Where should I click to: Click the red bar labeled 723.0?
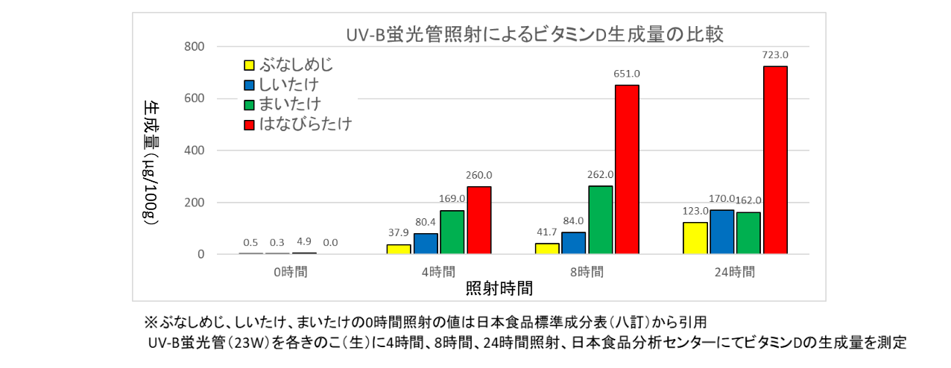pos(775,160)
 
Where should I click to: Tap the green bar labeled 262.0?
pos(600,220)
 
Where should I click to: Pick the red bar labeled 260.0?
pos(478,221)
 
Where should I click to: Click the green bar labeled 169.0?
pos(452,232)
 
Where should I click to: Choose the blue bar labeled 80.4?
pos(425,244)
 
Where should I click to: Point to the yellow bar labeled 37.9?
pos(398,250)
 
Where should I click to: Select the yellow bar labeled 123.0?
pos(695,238)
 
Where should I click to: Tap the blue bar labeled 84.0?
pos(573,243)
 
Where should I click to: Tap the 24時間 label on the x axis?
pos(734,272)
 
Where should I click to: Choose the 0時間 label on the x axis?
pos(290,272)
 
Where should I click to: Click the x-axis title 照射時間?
pos(499,288)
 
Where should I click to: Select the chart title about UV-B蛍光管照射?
pos(535,35)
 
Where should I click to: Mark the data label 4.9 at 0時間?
pos(303,242)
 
